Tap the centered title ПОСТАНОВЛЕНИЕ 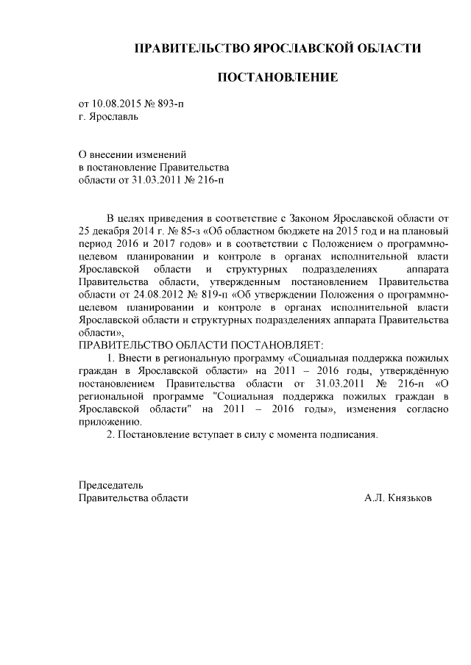click(277, 77)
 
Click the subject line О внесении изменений click(132, 154)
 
